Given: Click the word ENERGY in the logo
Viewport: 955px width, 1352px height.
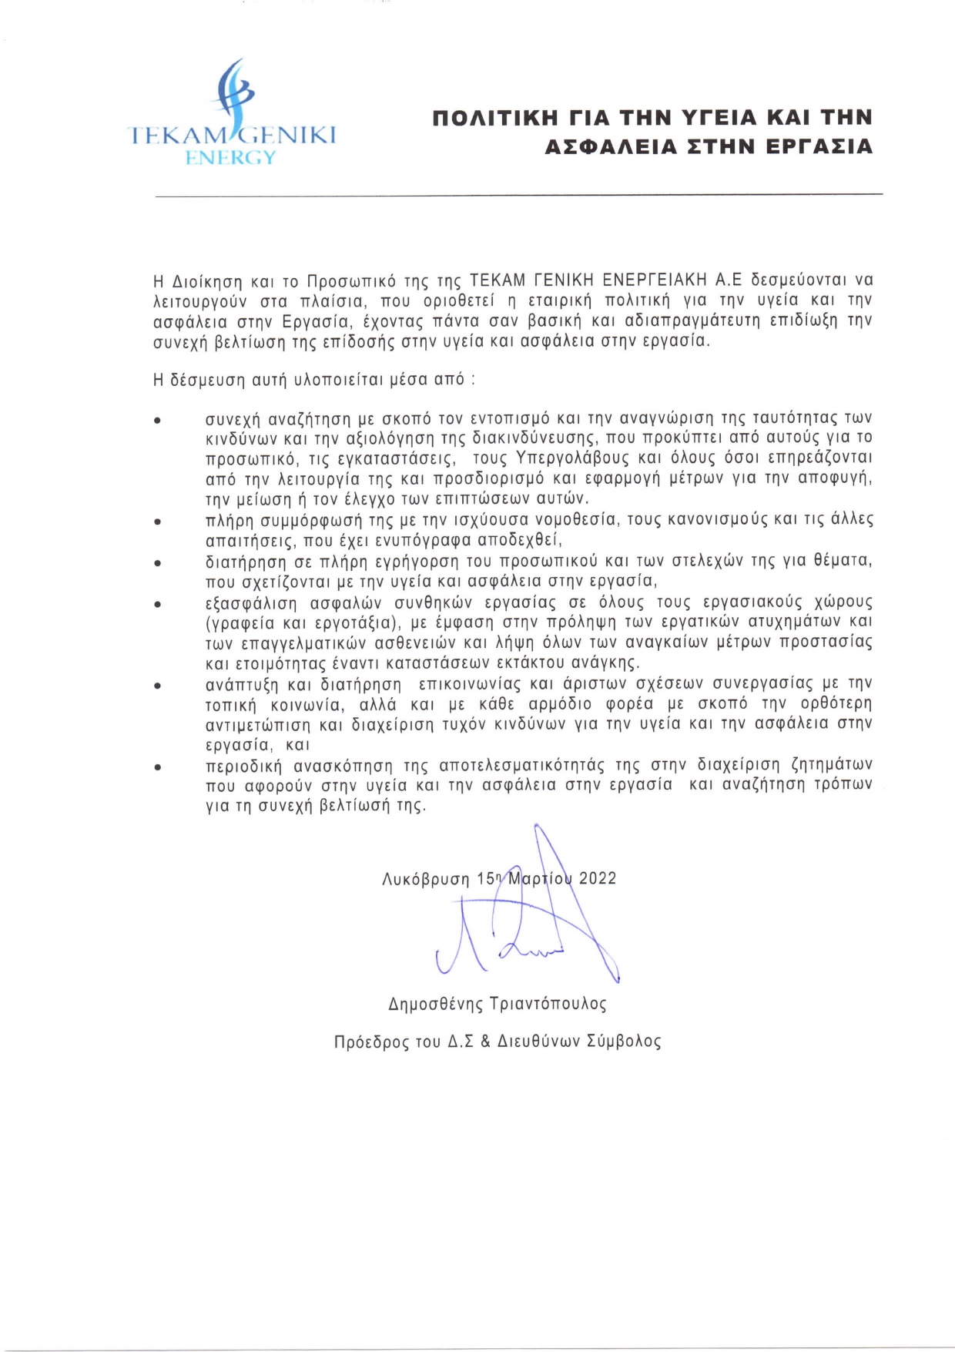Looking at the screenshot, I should (230, 157).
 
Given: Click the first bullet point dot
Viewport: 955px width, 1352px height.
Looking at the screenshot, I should (157, 421).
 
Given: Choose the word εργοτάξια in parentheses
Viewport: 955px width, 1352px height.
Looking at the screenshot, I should (357, 622).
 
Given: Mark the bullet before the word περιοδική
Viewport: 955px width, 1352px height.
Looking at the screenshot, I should (157, 767).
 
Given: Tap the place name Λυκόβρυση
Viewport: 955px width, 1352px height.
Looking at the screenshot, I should (426, 879).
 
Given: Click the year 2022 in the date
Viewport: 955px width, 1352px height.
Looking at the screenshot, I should (598, 878).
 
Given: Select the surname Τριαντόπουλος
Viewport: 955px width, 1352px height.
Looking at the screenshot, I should (548, 1004).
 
